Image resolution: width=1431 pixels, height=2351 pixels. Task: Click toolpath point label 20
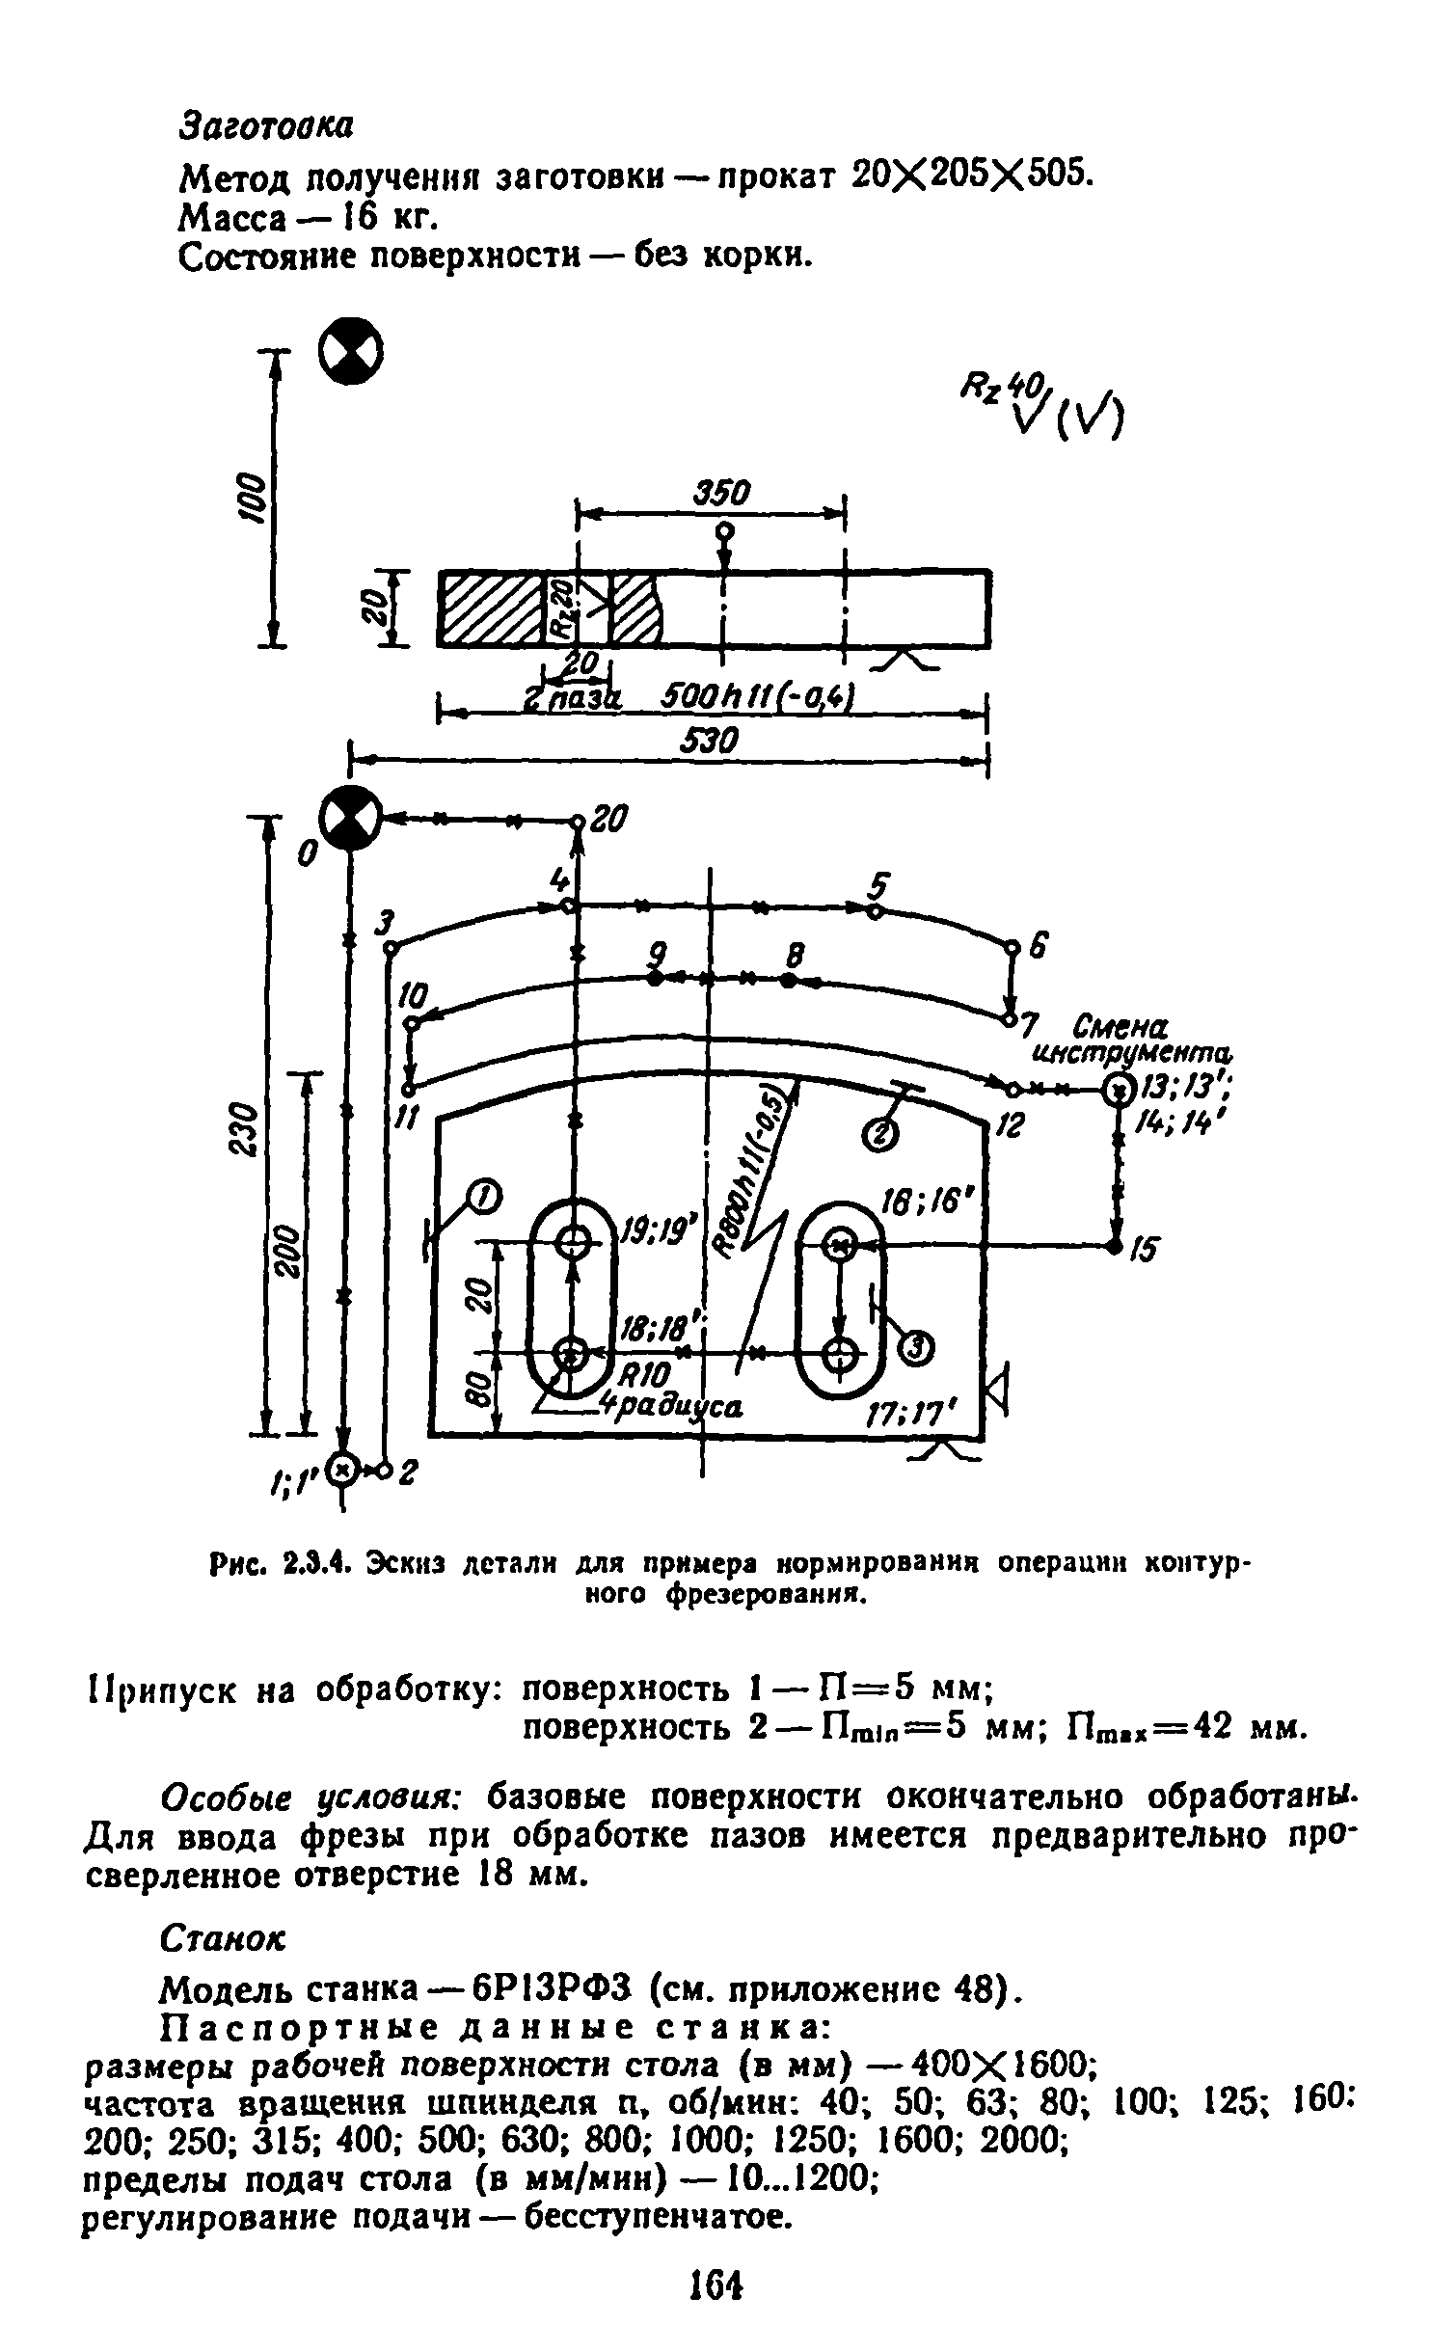click(x=608, y=821)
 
